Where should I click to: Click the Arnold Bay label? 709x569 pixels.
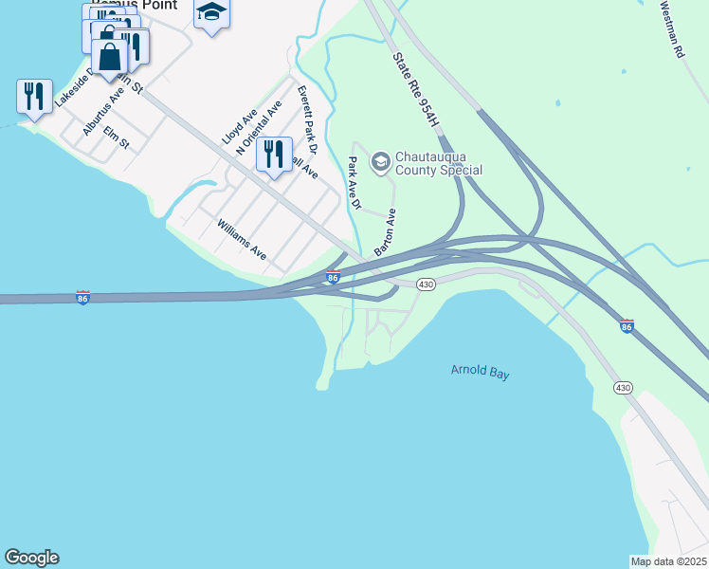480,373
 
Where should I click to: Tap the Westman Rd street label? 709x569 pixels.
672,31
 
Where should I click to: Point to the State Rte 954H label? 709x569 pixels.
417,90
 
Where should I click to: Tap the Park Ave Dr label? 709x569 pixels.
354,183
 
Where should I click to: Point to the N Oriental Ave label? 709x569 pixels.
259,128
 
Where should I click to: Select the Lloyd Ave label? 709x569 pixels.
240,125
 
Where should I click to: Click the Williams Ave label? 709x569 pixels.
242,240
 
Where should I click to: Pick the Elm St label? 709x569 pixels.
116,138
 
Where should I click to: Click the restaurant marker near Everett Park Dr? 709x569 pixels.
274,155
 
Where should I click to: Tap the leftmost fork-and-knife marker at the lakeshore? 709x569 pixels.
34,96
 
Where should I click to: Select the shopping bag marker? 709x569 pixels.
110,57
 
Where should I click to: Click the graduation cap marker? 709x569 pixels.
211,13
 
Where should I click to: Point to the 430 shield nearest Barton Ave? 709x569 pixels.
426,284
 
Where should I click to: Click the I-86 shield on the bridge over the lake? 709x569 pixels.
83,298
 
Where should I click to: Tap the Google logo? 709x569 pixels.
31,558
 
